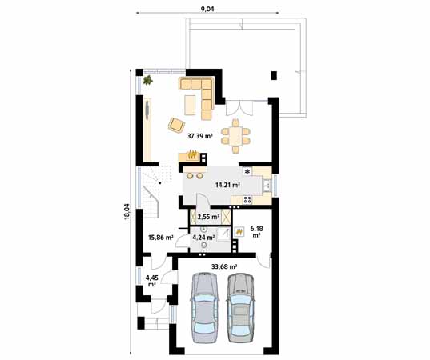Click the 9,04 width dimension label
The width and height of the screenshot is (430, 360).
[207, 9]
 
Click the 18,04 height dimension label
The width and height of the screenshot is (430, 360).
[127, 211]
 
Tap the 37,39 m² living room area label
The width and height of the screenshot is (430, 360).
[200, 136]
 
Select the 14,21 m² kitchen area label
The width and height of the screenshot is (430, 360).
[228, 185]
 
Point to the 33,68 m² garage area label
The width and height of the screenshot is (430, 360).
[224, 266]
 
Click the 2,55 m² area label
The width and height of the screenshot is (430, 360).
[208, 217]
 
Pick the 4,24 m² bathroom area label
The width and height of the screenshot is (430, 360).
[203, 238]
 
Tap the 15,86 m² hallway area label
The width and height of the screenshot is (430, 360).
[161, 238]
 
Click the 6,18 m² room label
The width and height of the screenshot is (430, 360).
[256, 231]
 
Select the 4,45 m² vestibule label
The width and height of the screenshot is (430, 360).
[152, 281]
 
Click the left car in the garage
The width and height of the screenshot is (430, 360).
[205, 308]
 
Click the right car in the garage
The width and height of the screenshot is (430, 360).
[240, 308]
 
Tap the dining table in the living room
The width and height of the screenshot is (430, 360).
[235, 136]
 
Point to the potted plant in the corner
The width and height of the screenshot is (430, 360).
[148, 80]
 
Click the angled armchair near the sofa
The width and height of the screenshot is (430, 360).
[176, 126]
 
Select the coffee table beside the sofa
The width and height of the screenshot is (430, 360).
[190, 105]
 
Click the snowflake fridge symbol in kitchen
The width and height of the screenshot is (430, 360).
[247, 172]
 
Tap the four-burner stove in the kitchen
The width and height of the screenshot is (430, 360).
[247, 200]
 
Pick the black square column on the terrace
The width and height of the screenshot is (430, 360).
[274, 76]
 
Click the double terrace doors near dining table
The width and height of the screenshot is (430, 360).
[239, 108]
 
